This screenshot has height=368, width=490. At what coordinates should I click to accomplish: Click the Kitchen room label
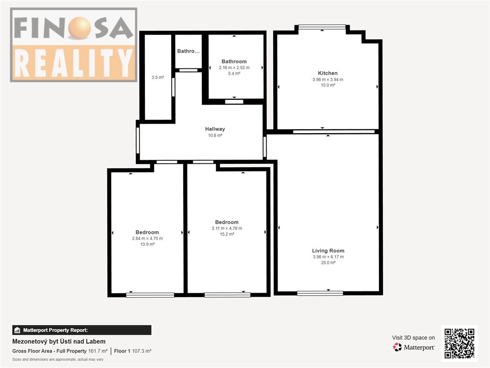coord(327,73)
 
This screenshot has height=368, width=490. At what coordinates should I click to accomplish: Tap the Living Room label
coord(328,251)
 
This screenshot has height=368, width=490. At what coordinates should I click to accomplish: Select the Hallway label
coord(215,129)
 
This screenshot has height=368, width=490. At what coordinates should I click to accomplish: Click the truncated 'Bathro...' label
coord(188,51)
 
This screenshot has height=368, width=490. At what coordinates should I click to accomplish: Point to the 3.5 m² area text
coord(158,77)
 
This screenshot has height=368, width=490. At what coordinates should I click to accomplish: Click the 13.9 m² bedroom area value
coord(147,244)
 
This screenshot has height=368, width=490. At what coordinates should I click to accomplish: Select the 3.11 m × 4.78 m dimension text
coord(227,228)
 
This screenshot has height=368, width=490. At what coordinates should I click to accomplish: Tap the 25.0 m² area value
coord(328,263)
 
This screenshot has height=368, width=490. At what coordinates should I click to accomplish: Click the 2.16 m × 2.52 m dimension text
coord(234,68)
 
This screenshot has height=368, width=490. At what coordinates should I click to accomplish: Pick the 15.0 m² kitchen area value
coord(328,85)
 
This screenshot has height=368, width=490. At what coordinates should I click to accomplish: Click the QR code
coord(459,343)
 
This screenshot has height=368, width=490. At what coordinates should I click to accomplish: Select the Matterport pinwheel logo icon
coord(397,347)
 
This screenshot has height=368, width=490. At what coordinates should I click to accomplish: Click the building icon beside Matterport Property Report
coord(17,330)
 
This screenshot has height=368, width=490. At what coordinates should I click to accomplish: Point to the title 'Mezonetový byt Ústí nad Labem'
coord(59,341)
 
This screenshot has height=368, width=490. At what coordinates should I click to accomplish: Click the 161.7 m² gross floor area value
coord(98,351)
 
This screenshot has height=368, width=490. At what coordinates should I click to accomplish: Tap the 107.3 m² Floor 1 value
coord(142,351)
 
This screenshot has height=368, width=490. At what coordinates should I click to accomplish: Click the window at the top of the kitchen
coord(322,27)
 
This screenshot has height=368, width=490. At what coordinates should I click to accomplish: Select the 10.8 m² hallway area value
coord(215,136)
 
